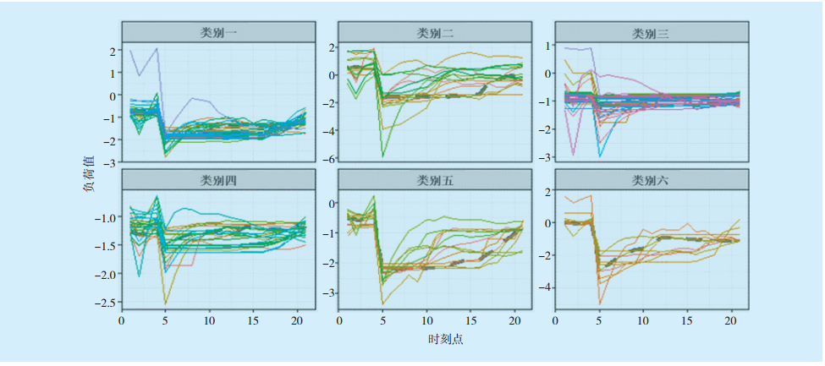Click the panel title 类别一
pyautogui.click(x=218, y=32)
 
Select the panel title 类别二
pyautogui.click(x=435, y=32)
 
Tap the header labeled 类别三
pyautogui.click(x=652, y=33)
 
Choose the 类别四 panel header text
pyautogui.click(x=218, y=179)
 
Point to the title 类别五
pyautogui.click(x=435, y=179)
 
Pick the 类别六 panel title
pyautogui.click(x=652, y=179)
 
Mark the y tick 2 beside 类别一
pyautogui.click(x=113, y=52)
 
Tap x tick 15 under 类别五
pyautogui.click(x=471, y=322)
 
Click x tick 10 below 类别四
pyautogui.click(x=211, y=322)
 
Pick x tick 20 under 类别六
pyautogui.click(x=731, y=322)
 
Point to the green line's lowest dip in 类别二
pyautogui.click(x=383, y=156)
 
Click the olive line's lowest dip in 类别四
pyautogui.click(x=166, y=303)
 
